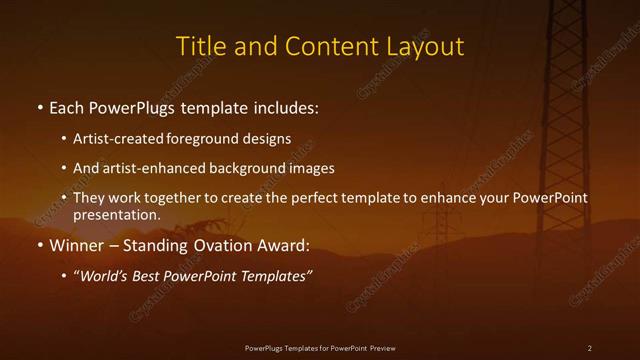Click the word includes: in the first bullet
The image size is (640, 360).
(x=285, y=107)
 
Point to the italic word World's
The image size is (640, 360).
(x=103, y=276)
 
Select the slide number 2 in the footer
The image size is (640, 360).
(x=589, y=348)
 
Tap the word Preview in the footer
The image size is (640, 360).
(x=382, y=348)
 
